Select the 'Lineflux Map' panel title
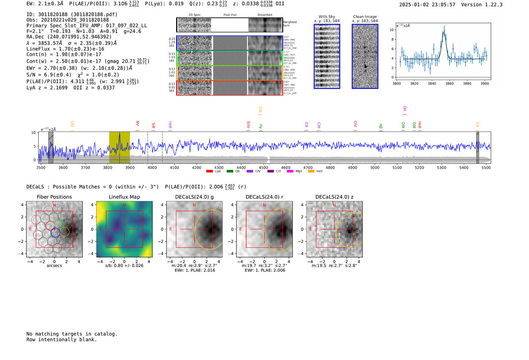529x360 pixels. (x=124, y=197)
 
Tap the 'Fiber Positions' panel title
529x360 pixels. (x=54, y=197)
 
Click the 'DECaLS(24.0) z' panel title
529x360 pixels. (x=334, y=197)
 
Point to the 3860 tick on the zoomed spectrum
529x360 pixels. (x=449, y=83)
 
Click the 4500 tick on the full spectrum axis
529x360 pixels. (x=263, y=167)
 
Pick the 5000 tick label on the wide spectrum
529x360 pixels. (x=375, y=167)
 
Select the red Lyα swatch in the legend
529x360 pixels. (x=209, y=172)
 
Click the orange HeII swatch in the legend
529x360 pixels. (x=311, y=172)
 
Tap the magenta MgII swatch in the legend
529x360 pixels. (x=290, y=172)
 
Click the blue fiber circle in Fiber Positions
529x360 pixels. (x=55, y=233)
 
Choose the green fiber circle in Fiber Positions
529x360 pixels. (x=59, y=224)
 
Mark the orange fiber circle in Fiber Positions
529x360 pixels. (x=65, y=232)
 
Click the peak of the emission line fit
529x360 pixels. (x=444, y=32)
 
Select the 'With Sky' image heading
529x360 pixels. (x=326, y=17)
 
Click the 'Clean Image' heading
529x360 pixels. (x=365, y=17)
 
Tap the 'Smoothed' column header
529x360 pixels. (x=264, y=15)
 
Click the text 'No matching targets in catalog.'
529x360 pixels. (x=72, y=334)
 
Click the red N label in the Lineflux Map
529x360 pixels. (x=124, y=205)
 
